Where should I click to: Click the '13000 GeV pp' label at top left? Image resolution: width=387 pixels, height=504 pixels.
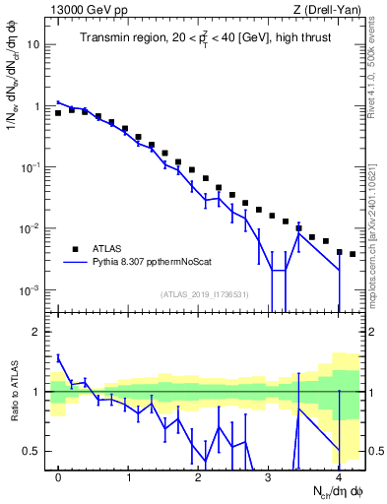[x=87, y=8]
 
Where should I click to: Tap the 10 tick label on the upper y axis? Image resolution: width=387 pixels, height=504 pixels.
[x=32, y=45]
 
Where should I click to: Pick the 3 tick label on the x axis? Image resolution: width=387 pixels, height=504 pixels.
[x=268, y=478]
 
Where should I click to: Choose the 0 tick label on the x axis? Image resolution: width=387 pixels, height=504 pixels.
[x=58, y=478]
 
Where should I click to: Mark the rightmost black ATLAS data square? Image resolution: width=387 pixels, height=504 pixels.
[x=352, y=254]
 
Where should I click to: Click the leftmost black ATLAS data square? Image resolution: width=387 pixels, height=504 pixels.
[x=58, y=113]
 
